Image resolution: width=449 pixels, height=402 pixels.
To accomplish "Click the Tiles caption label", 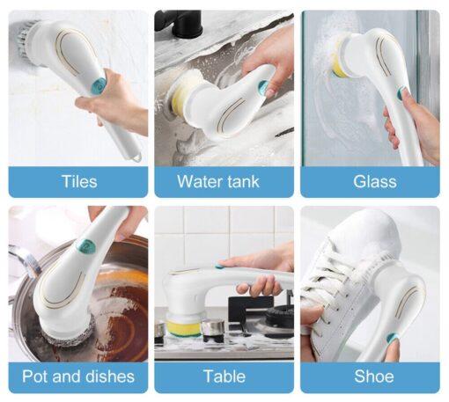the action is (x=79, y=181).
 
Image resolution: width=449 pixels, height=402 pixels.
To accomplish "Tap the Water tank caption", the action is (x=218, y=181).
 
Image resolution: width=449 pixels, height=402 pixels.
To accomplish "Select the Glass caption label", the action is (x=375, y=181).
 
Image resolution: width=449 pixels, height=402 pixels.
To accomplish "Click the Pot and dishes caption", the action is (x=78, y=376).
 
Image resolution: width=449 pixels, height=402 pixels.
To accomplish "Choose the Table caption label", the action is (x=224, y=376).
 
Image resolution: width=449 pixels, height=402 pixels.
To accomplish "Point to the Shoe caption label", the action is (x=374, y=376).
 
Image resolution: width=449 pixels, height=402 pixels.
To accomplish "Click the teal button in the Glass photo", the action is (x=401, y=92).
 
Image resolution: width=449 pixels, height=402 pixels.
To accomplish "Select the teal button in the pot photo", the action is (x=85, y=245).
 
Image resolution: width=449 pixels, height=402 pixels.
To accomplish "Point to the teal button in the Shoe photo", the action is (x=391, y=338).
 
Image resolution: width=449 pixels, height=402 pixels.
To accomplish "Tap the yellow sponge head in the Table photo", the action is (x=183, y=328).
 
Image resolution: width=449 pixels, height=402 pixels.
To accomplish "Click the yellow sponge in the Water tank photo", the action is (x=178, y=95).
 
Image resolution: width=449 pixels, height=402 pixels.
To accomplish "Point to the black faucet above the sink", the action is (x=179, y=22).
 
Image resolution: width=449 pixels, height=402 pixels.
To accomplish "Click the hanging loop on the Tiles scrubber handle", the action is (x=137, y=158).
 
